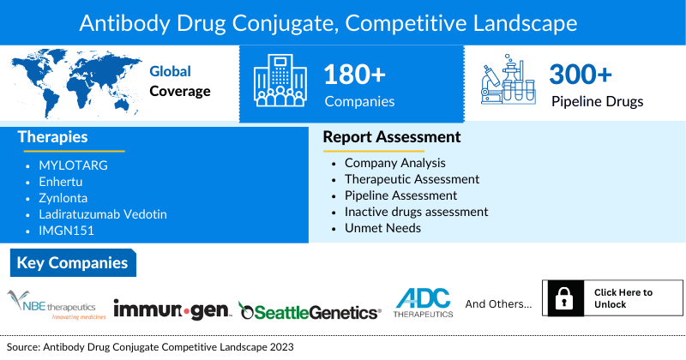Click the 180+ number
tap(355, 75)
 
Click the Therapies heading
tap(52, 137)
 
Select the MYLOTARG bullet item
tap(73, 165)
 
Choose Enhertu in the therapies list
tap(63, 182)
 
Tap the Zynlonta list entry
tap(63, 198)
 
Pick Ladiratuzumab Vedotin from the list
tap(102, 213)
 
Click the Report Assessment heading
tap(391, 137)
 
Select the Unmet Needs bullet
tap(382, 227)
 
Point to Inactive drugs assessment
tap(416, 211)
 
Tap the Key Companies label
tap(72, 262)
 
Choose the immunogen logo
tap(171, 309)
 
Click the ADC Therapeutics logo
tap(422, 303)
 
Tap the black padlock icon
tap(564, 299)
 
